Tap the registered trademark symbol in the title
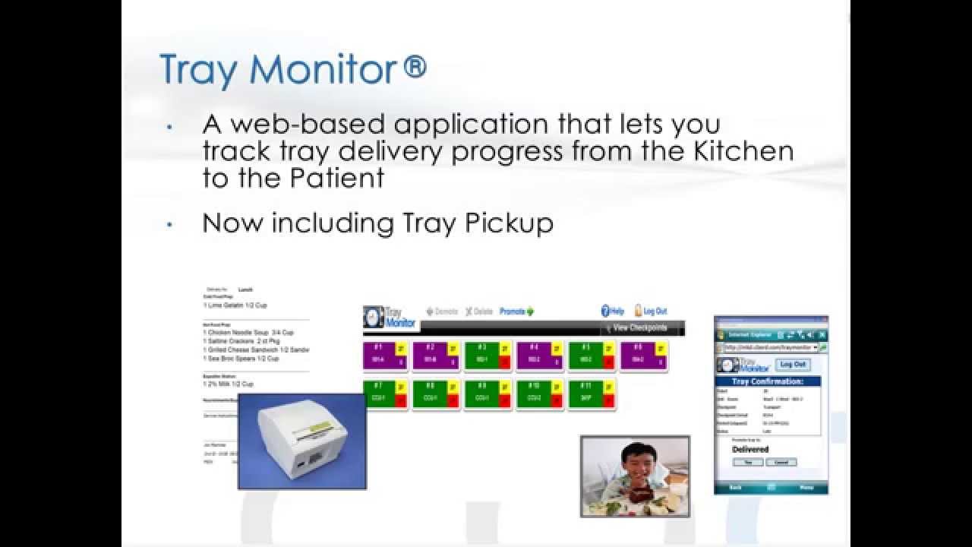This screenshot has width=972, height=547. coord(415,68)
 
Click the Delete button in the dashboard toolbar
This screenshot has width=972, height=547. coord(479,311)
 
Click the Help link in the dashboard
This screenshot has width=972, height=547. coord(613,311)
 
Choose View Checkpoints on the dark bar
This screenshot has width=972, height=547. coord(639,328)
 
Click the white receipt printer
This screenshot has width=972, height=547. coord(301,441)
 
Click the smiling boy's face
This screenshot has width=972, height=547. coord(634,461)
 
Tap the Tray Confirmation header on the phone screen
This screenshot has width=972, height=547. coord(771,381)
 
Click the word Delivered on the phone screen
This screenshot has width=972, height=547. coord(750,449)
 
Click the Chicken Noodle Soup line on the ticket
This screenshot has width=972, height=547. coord(248,333)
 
